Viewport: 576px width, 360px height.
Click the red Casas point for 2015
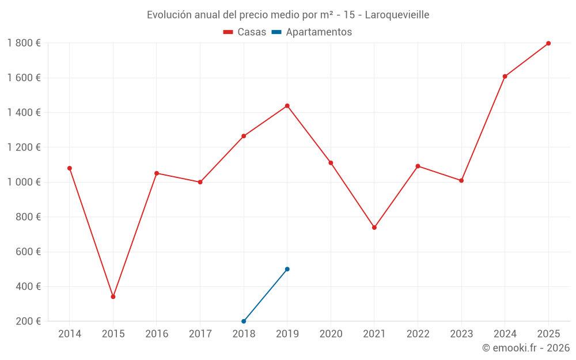(113, 297)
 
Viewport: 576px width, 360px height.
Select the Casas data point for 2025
(548, 43)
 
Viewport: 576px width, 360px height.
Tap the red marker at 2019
(287, 106)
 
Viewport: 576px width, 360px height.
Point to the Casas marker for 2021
(374, 228)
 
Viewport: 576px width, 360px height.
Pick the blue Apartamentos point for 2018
(244, 321)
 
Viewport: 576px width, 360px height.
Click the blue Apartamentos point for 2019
(287, 269)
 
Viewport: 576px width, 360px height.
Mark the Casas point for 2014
(70, 168)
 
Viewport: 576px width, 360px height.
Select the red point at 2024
(505, 77)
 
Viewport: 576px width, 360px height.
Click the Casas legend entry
(245, 32)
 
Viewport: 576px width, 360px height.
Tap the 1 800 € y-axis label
(24, 43)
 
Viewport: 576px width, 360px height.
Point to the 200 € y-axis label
(28, 321)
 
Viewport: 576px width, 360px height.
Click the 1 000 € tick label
(24, 182)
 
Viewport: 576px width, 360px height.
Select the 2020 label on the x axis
(331, 334)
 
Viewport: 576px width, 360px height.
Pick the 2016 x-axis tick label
(157, 334)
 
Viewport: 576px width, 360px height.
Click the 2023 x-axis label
(461, 334)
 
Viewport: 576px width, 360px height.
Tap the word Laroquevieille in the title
(397, 15)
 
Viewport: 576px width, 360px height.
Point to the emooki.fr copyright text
(526, 347)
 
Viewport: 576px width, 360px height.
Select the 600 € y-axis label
(28, 252)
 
